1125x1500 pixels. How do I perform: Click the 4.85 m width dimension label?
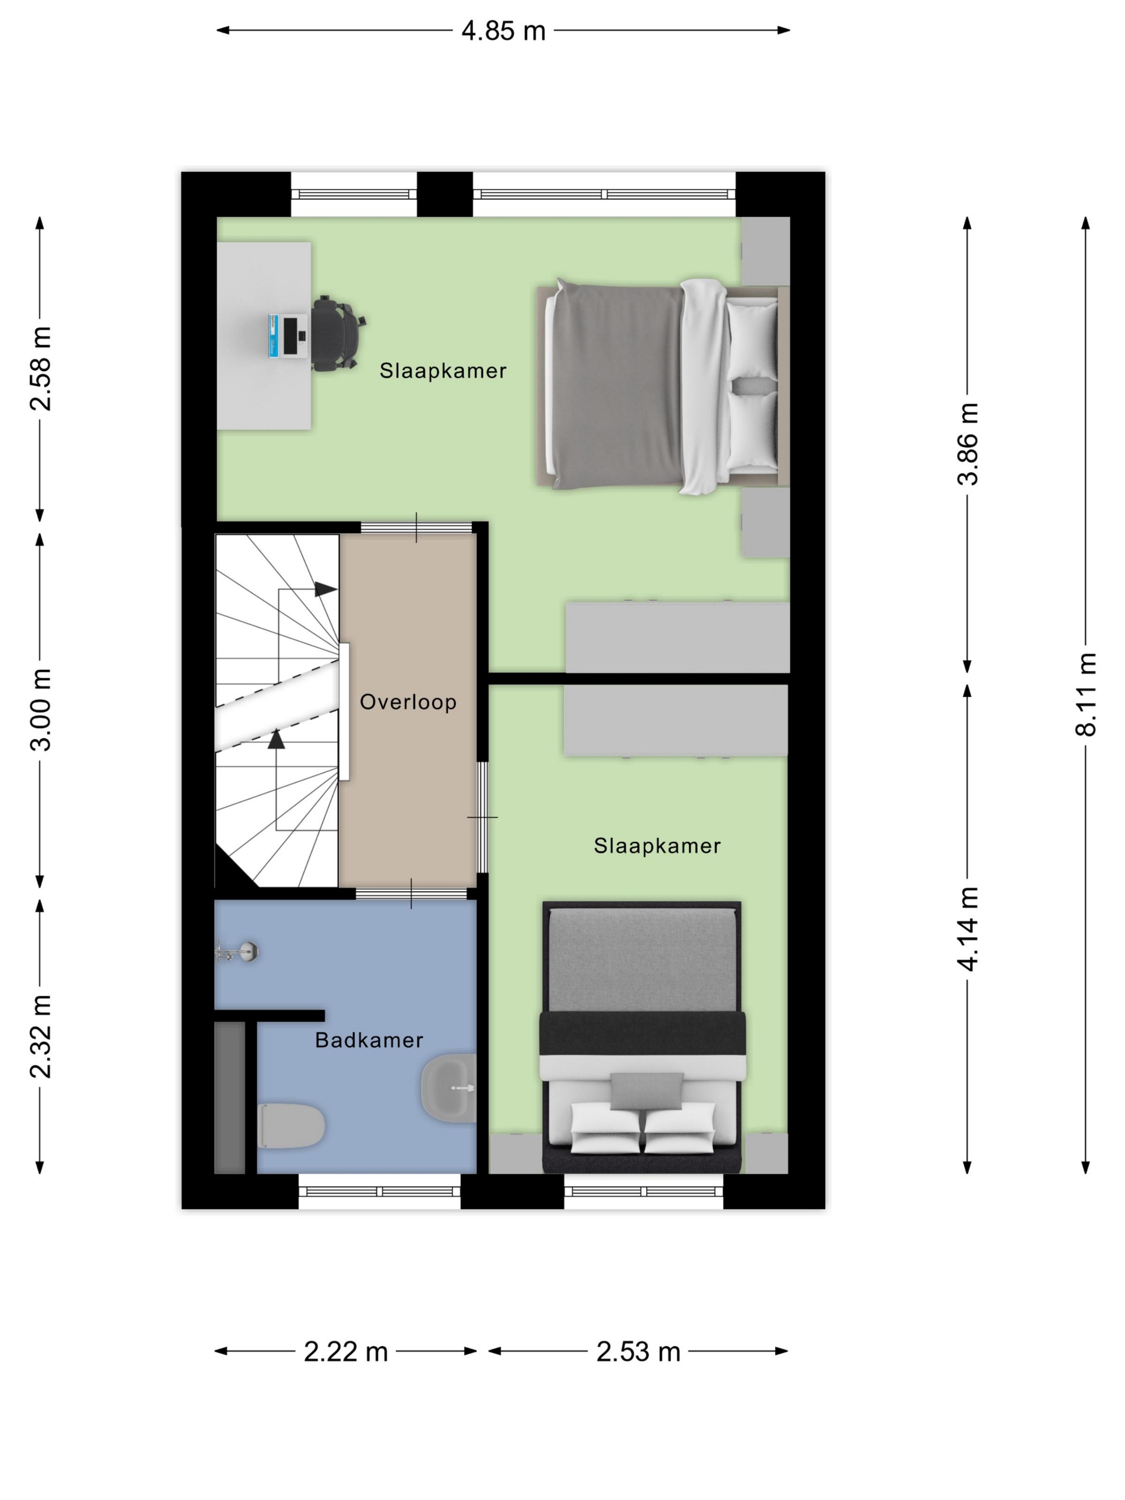coord(503,31)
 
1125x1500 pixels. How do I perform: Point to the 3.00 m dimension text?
coord(41,709)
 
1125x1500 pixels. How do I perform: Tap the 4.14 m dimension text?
coord(967,929)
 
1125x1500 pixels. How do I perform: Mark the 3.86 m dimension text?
coord(967,444)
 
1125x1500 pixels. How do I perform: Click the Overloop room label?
coord(408,702)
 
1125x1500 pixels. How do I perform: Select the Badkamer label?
coord(369,1040)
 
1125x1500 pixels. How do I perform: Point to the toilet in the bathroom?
coord(291,1126)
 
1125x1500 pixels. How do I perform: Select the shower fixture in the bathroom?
coord(237,951)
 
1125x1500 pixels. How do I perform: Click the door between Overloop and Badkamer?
coord(411,894)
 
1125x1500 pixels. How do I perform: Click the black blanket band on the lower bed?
coord(642,1033)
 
